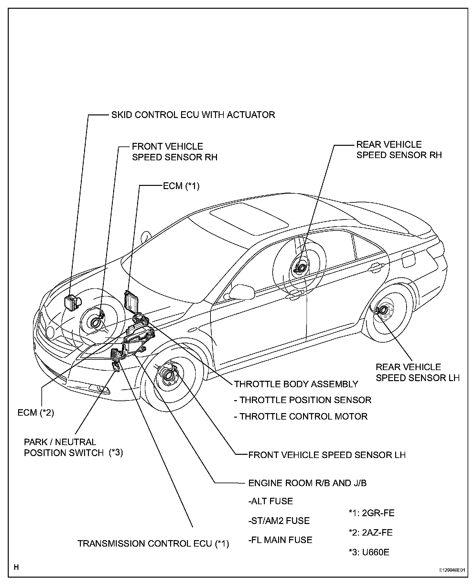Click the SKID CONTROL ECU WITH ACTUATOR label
pyautogui.click(x=193, y=115)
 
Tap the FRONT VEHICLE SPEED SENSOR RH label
pyautogui.click(x=175, y=152)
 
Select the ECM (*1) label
pyautogui.click(x=181, y=186)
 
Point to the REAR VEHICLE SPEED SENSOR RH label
pyautogui.click(x=399, y=150)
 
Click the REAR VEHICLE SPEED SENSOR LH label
pyautogui.click(x=417, y=372)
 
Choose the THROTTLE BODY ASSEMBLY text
pyautogui.click(x=296, y=384)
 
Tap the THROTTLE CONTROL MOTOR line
pyautogui.click(x=301, y=416)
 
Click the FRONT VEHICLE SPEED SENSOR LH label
pyautogui.click(x=327, y=455)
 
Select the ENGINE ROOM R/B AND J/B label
pyautogui.click(x=307, y=483)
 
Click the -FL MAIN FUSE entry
pyautogui.click(x=280, y=540)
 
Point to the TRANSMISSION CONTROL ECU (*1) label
pyautogui.click(x=153, y=544)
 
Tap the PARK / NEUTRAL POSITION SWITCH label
pyautogui.click(x=73, y=447)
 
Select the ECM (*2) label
pyautogui.click(x=36, y=413)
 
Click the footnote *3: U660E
pyautogui.click(x=369, y=552)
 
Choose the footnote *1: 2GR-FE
pyautogui.click(x=371, y=513)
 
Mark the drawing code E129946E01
pyautogui.click(x=452, y=570)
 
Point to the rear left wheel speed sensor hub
pyautogui.click(x=382, y=310)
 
